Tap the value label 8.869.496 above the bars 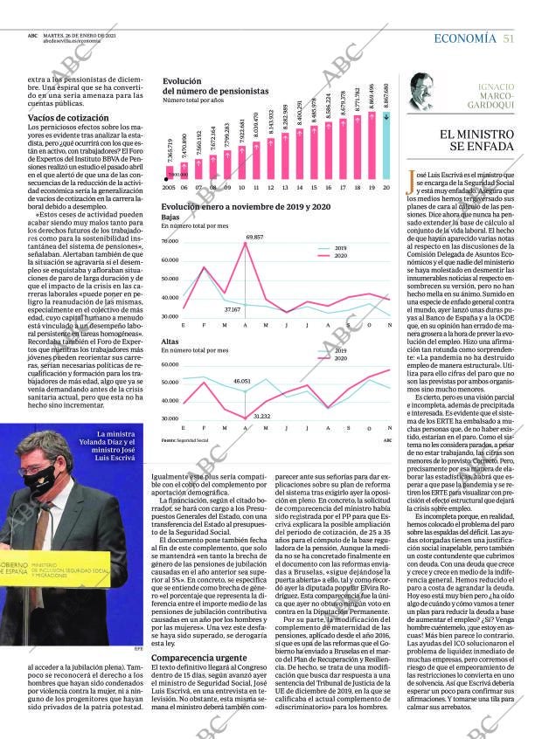[x=372, y=93]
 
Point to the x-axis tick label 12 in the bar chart [x=271, y=188]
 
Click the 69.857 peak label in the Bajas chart [x=254, y=237]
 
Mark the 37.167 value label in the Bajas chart [x=233, y=309]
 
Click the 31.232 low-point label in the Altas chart [x=261, y=417]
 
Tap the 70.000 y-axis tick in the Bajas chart [x=170, y=240]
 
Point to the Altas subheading [x=170, y=342]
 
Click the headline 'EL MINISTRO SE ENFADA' [x=476, y=140]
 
